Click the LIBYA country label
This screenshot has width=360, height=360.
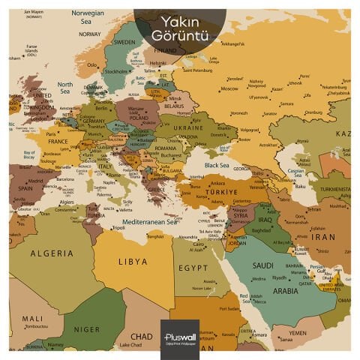click(132, 262)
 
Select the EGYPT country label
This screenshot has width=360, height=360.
click(193, 267)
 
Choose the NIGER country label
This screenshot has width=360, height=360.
click(87, 328)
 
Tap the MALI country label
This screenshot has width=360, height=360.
click(31, 318)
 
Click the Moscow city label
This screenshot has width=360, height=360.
click(229, 88)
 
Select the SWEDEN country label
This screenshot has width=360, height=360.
click(124, 43)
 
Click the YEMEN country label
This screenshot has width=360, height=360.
click(298, 332)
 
